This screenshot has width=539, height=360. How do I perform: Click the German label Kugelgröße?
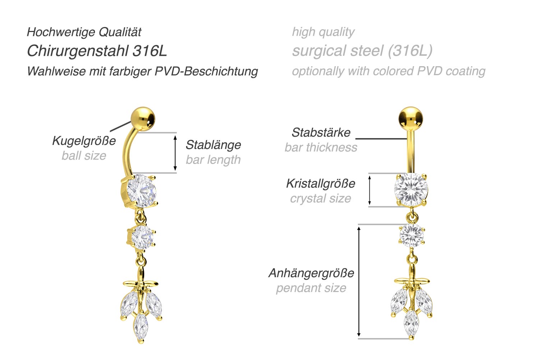click(x=84, y=140)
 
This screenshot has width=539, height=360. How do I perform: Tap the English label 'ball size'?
click(x=84, y=156)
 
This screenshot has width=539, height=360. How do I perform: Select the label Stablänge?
click(x=213, y=145)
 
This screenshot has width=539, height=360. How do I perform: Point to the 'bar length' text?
click(x=213, y=160)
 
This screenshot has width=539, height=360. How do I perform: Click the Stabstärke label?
click(x=321, y=132)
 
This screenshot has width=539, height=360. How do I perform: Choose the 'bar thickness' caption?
click(x=321, y=147)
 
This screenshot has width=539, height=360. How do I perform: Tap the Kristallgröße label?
click(x=321, y=183)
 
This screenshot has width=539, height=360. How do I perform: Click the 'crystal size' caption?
click(x=321, y=199)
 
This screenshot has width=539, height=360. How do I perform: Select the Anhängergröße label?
click(x=311, y=273)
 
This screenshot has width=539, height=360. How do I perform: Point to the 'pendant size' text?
click(x=311, y=288)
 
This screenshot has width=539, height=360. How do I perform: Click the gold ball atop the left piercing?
click(x=143, y=119)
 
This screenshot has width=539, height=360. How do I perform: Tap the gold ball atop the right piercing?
click(x=411, y=119)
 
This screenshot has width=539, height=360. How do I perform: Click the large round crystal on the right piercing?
click(x=411, y=190)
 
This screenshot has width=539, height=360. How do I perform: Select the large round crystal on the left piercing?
click(x=140, y=191)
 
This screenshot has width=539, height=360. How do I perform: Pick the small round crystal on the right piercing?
click(x=412, y=236)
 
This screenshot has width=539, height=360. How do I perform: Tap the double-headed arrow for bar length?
click(x=175, y=153)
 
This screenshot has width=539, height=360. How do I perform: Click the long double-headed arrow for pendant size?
click(x=359, y=281)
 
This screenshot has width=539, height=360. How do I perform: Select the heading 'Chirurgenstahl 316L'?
click(x=97, y=51)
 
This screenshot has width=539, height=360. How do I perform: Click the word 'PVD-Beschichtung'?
click(x=206, y=71)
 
